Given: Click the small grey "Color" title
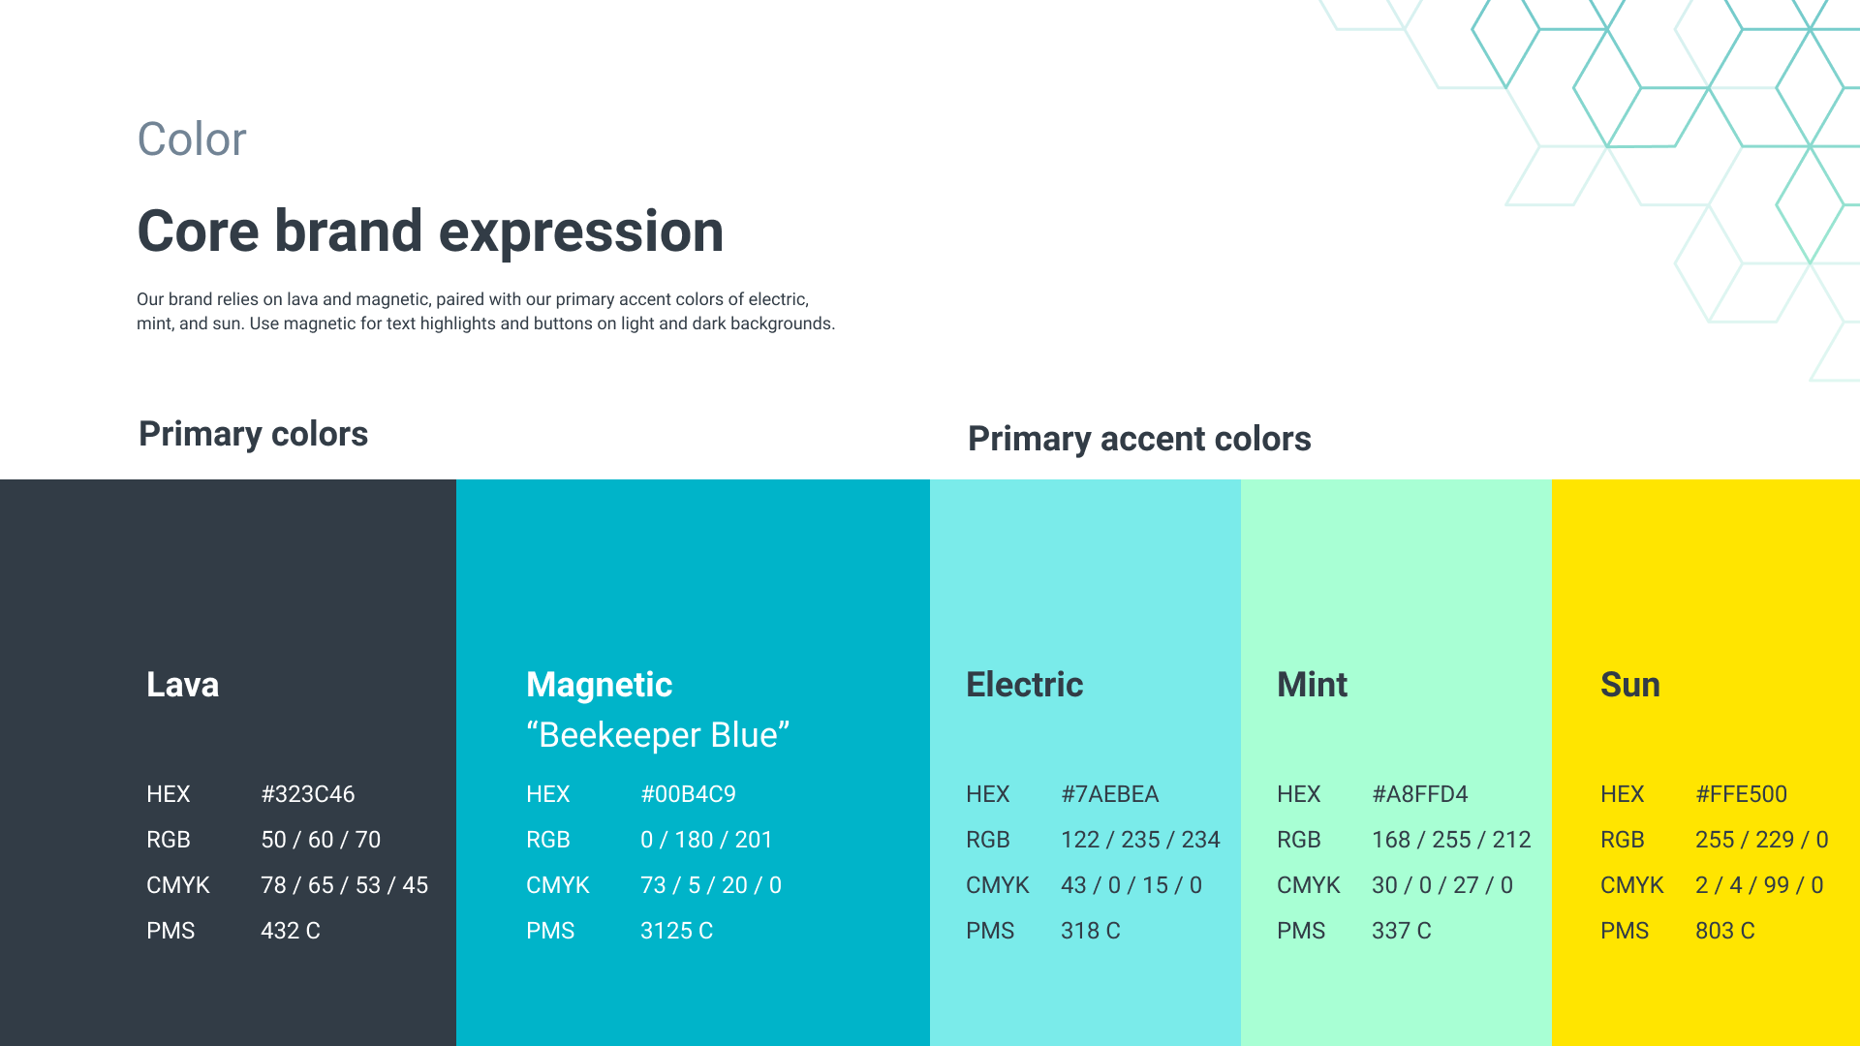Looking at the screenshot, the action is pos(192,139).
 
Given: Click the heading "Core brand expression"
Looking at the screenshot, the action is pos(430,231).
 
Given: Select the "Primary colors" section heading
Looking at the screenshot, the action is pos(253,434).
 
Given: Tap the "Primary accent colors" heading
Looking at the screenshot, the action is pos(1139,439).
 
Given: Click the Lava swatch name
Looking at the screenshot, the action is pos(182,685).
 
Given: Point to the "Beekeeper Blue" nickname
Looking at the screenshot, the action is pos(658,735).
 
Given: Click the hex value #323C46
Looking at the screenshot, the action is pos(308,794).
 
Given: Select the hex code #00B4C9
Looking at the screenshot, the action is pos(688,794).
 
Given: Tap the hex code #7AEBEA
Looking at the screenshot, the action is pos(1109,794).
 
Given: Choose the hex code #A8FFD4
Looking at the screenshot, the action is pos(1420,794).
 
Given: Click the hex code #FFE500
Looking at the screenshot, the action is pos(1741,794).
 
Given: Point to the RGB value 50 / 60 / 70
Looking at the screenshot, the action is pos(321,840).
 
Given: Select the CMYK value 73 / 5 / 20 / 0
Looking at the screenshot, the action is pos(711,885).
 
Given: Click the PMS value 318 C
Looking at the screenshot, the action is pos(1091,931).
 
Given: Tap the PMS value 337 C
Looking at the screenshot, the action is pos(1402,931).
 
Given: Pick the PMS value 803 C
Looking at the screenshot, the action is pos(1725,931).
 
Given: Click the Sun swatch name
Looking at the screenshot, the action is pos(1630,685).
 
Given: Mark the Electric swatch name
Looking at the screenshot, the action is pos(1025,685).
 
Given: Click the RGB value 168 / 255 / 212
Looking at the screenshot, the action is pos(1451,840).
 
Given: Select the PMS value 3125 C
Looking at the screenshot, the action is pos(676,931).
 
